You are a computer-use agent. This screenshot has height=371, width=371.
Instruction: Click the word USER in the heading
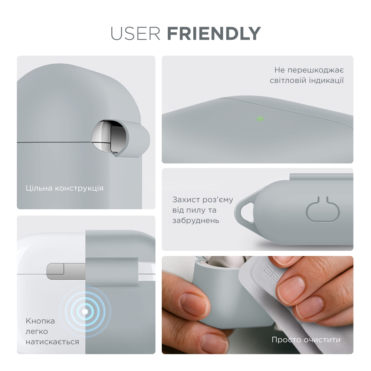tap(135, 34)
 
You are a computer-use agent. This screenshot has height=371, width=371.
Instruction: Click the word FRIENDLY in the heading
tap(214, 34)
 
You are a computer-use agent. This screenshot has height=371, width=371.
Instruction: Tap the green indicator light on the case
tap(260, 119)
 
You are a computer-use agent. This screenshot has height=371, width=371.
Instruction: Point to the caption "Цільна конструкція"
tap(65, 188)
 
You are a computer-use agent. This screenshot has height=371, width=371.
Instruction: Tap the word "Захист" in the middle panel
tap(186, 200)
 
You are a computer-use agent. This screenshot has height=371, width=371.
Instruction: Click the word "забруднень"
tap(196, 220)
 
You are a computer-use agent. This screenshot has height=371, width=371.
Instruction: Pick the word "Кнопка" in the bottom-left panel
tap(40, 321)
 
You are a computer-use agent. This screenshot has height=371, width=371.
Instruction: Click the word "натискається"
tap(52, 342)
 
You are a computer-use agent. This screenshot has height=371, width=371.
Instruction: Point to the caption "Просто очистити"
tap(306, 340)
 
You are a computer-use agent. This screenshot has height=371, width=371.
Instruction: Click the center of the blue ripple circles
tap(85, 312)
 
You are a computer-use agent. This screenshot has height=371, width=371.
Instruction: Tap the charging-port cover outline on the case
tap(323, 209)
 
